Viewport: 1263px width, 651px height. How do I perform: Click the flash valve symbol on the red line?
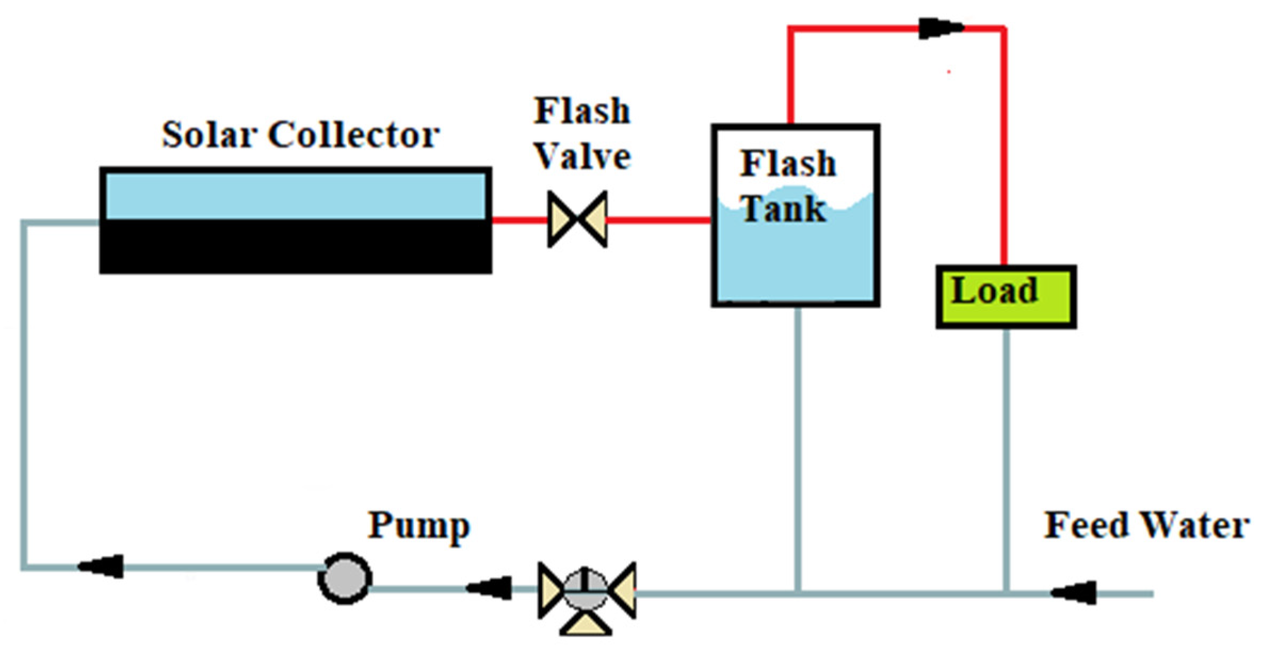(x=577, y=219)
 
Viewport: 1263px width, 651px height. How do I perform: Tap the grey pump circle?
(x=345, y=578)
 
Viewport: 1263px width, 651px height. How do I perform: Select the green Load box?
(x=1006, y=297)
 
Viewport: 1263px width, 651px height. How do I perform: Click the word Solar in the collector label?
(x=207, y=134)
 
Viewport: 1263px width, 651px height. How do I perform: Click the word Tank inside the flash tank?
(x=783, y=208)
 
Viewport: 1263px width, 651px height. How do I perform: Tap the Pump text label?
(x=419, y=526)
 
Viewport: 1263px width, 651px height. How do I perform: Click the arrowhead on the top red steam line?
(x=940, y=28)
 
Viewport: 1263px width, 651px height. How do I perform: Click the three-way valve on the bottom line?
(x=586, y=591)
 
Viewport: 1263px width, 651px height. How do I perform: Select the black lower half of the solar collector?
(x=296, y=246)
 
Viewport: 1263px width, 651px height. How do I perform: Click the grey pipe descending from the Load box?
(x=1006, y=458)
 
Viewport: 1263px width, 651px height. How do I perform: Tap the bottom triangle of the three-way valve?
(x=586, y=624)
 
